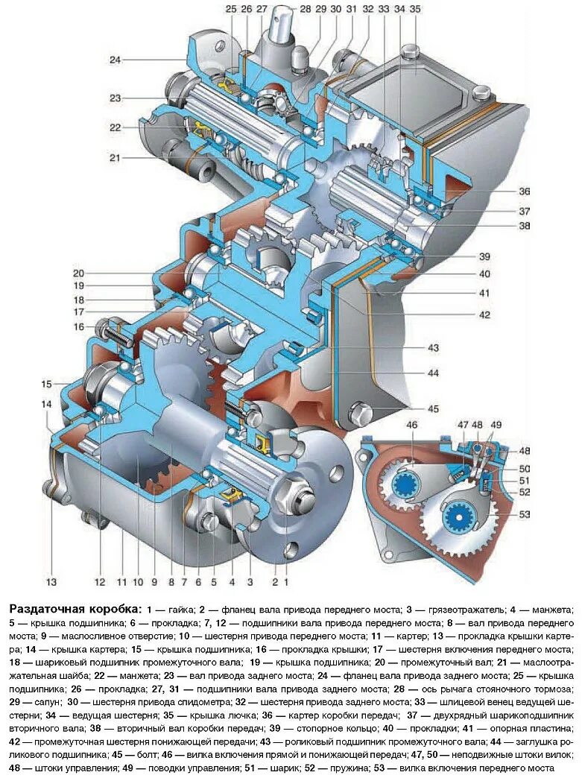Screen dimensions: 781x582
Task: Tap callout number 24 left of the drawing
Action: click(x=114, y=59)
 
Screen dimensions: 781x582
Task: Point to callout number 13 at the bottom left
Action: click(x=51, y=581)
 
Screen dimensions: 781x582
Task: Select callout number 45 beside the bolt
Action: click(x=433, y=408)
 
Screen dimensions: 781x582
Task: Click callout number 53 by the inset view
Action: click(x=525, y=514)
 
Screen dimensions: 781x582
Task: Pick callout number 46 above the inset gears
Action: click(x=412, y=425)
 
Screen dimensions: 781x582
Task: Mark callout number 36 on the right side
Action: click(x=525, y=190)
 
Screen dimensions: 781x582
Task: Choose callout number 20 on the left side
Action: click(x=78, y=272)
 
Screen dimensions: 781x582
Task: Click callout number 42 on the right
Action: click(x=484, y=314)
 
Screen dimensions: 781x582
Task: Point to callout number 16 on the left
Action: click(x=78, y=326)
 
